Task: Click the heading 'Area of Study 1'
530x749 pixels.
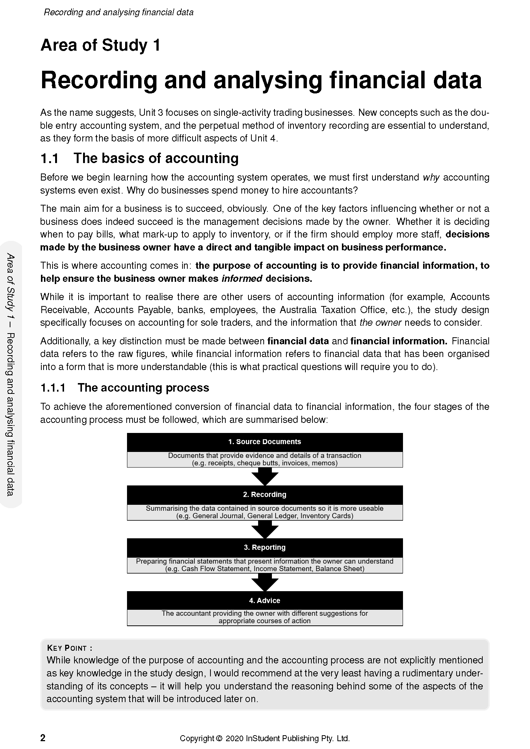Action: click(100, 45)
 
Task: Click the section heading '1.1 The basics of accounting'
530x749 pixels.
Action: click(139, 158)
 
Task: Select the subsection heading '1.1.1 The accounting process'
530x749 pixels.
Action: click(125, 388)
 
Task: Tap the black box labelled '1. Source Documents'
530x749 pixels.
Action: click(264, 442)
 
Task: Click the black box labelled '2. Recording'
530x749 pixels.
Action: click(264, 495)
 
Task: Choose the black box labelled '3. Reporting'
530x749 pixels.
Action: click(264, 548)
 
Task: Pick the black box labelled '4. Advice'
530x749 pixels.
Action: click(264, 600)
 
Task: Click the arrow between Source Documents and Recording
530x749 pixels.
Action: click(265, 476)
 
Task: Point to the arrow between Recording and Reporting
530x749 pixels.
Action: click(265, 529)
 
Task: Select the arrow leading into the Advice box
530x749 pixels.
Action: click(265, 582)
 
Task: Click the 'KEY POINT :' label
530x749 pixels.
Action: click(70, 648)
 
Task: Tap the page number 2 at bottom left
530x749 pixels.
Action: click(43, 738)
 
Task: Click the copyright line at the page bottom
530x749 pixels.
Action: click(264, 739)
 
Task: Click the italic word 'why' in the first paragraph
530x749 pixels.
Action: click(431, 178)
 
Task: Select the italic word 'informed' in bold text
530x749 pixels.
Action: click(242, 278)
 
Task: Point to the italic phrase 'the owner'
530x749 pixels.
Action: click(380, 323)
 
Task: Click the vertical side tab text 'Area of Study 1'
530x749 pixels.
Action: click(10, 283)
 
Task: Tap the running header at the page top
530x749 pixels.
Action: click(118, 12)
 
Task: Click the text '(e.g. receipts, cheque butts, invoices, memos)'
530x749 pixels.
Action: click(264, 463)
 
